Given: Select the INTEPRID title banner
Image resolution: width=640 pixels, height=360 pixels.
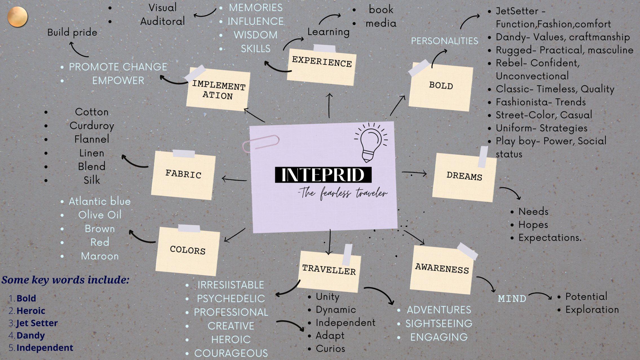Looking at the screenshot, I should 323,175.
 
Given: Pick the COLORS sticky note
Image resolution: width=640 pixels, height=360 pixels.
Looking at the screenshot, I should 188,251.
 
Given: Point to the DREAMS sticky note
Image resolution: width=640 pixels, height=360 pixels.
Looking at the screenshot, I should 464,177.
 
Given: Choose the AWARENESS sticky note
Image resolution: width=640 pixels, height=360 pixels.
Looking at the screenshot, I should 442,269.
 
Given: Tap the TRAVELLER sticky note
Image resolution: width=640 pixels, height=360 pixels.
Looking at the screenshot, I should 329,270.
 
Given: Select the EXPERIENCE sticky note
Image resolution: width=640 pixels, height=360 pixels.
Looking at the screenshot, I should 322,65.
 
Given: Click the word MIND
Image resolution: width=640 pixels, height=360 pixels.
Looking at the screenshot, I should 512,299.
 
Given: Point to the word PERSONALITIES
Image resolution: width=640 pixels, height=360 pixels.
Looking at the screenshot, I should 444,41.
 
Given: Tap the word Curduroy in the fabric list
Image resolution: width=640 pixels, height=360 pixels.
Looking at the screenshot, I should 92,126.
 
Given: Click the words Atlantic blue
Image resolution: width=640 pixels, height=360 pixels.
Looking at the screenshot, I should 100,201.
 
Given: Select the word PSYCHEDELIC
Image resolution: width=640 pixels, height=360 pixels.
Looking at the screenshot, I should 231,299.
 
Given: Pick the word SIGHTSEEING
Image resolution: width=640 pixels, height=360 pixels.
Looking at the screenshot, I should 439,323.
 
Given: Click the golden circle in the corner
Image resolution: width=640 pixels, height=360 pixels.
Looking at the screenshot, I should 17,17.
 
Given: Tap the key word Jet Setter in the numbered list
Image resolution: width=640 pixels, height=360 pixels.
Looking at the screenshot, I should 37,323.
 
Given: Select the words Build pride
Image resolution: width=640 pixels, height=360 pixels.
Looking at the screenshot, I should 72,32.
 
